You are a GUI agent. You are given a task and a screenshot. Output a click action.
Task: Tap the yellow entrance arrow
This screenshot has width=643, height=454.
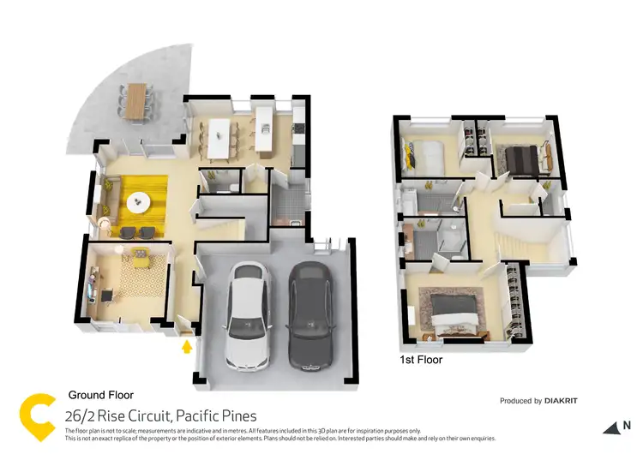click(185, 347)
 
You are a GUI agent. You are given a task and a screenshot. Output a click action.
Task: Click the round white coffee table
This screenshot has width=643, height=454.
click(139, 201)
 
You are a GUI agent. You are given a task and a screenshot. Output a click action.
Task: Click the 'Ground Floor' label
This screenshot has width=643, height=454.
click(100, 396)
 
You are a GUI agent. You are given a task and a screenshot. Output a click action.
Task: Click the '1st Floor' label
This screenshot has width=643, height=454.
click(422, 360)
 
